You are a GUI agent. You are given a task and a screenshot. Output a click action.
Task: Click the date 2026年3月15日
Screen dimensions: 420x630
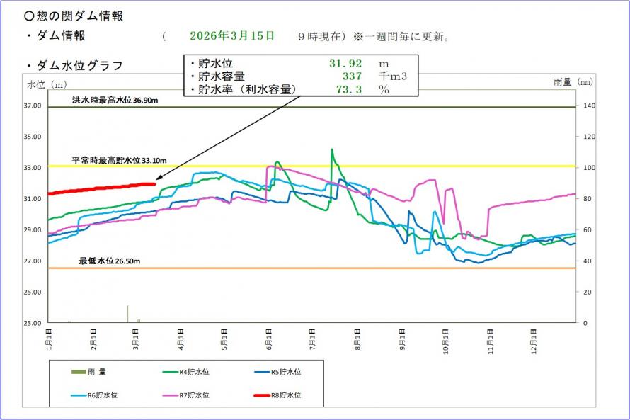(233, 35)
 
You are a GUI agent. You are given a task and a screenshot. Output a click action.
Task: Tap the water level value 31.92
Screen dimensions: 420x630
(345, 63)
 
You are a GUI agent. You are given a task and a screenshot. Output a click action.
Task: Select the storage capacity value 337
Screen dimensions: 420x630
(352, 76)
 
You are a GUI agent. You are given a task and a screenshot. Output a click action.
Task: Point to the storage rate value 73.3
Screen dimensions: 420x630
(349, 90)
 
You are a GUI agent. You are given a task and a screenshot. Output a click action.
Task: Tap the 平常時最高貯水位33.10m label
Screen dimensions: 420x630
(114, 161)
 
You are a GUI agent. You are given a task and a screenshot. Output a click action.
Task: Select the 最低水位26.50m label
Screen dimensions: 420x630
(109, 261)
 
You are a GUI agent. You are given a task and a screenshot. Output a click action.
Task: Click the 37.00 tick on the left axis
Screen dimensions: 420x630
(34, 106)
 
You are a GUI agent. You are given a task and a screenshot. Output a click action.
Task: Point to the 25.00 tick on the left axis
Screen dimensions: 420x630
(34, 293)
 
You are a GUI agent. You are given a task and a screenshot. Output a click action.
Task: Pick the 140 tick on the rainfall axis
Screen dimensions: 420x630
(589, 106)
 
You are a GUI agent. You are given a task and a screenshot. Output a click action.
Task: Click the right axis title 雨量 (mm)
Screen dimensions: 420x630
(573, 84)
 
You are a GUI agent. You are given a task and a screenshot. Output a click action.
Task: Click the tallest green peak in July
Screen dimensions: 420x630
(332, 149)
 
